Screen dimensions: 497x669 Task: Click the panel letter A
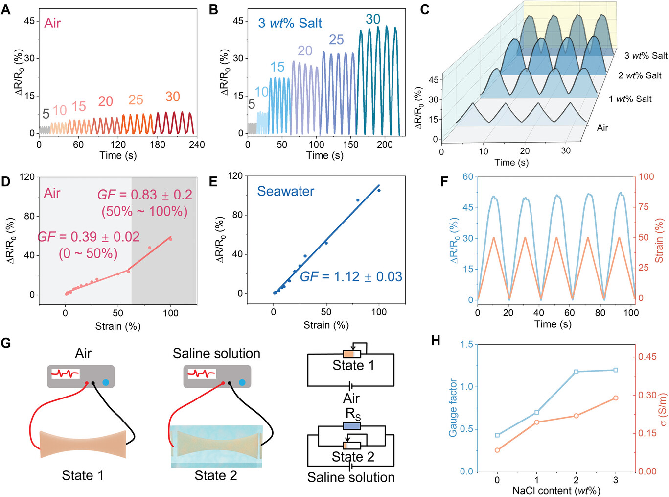tap(5, 9)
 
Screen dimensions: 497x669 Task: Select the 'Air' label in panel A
tap(52, 23)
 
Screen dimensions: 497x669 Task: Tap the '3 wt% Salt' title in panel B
tap(290, 23)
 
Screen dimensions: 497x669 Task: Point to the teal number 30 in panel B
tap(373, 19)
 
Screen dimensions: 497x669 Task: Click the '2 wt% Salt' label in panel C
tap(640, 75)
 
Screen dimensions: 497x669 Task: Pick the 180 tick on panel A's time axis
tap(158, 144)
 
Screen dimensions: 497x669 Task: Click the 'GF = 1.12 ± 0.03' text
tap(351, 276)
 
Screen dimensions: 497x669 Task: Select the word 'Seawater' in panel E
tap(286, 191)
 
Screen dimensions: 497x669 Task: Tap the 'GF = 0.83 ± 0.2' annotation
tap(145, 195)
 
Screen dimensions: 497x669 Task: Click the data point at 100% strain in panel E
tap(379, 190)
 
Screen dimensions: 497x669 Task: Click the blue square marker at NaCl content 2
tap(576, 372)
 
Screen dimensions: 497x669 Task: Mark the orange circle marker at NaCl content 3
tap(616, 398)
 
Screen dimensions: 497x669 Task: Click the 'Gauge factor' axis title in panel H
tap(453, 408)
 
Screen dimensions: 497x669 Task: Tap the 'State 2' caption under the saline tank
tap(216, 475)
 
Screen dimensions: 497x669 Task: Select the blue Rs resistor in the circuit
tap(352, 426)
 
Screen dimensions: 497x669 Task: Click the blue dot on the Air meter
tap(106, 382)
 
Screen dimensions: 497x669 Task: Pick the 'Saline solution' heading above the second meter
tap(216, 353)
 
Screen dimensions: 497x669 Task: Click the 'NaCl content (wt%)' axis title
tap(556, 490)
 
